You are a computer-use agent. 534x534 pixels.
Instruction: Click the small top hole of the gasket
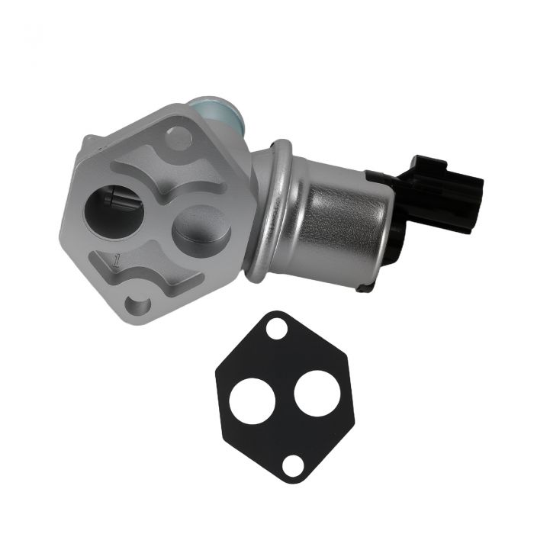click(277, 328)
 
